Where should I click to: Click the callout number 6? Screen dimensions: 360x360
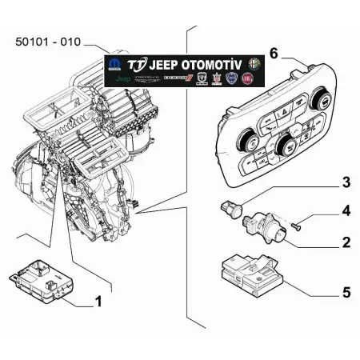click(x=274, y=54)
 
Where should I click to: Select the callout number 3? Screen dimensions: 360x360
click(x=346, y=183)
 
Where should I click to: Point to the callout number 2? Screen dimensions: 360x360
click(x=346, y=242)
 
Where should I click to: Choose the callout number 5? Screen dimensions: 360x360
click(x=346, y=293)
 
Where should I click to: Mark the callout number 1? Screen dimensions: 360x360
click(x=98, y=302)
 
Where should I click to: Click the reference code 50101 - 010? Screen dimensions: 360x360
click(x=46, y=41)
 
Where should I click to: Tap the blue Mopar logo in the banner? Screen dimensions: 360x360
click(x=116, y=64)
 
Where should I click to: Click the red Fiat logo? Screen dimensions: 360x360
click(x=254, y=81)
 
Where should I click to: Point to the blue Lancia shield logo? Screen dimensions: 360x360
click(x=233, y=81)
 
